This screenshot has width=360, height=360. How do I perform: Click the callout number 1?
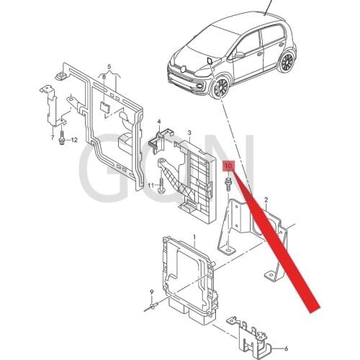[x=193, y=235]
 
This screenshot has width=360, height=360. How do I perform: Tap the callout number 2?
[x=266, y=199]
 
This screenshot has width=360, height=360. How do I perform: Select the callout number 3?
[x=189, y=132]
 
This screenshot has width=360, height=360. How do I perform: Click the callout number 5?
[x=109, y=66]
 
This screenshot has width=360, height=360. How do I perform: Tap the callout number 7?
[x=53, y=136]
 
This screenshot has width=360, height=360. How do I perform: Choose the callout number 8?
[x=104, y=77]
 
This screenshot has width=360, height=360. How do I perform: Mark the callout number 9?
[x=152, y=291]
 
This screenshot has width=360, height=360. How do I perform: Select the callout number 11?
[x=153, y=186]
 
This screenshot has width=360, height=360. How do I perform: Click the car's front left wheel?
[x=218, y=89]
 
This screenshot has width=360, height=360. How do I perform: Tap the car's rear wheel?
[x=287, y=62]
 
